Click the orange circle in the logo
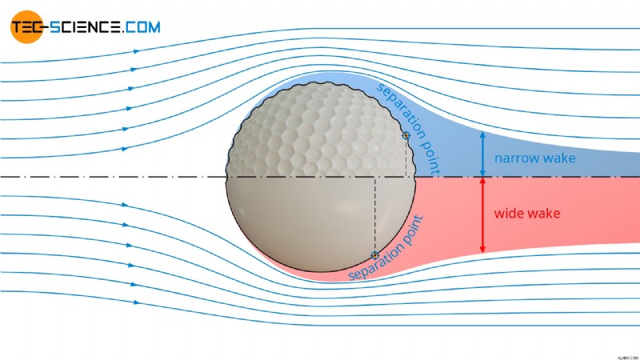[x=26, y=27]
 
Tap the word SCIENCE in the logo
[x=86, y=27]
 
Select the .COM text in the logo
[x=142, y=27]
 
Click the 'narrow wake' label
[x=534, y=158]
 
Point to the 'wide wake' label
[x=527, y=213]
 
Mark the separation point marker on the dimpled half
[x=406, y=135]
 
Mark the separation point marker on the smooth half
[x=374, y=255]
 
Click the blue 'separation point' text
[x=409, y=130]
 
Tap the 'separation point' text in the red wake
[x=386, y=249]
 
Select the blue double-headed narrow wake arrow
[x=482, y=154]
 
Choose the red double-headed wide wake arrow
[x=482, y=215]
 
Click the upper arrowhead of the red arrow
[x=482, y=181]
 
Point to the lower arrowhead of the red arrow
[x=482, y=250]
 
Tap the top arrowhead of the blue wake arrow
[x=482, y=134]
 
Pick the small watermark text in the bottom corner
[x=628, y=357]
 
